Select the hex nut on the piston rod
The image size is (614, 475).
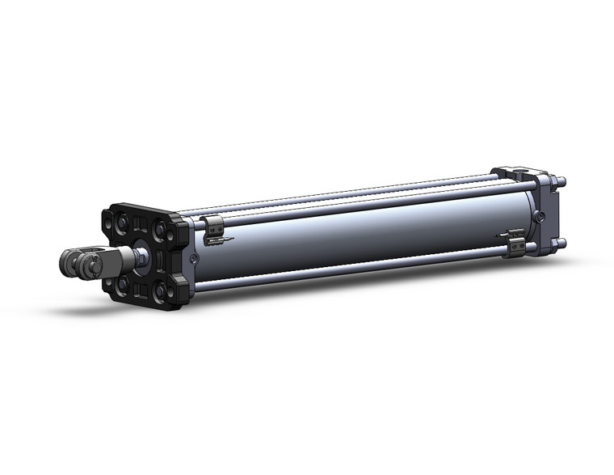point(141,258)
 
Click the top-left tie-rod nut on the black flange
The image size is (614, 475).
point(122,223)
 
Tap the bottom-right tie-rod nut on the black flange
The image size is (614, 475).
point(162,292)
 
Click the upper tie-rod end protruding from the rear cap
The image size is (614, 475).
point(562,181)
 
